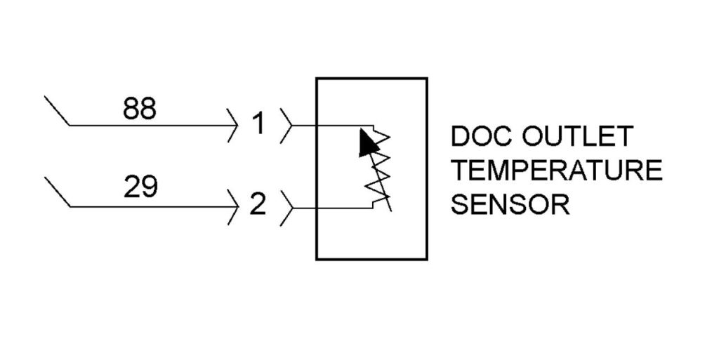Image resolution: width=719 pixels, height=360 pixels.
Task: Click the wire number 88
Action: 140,109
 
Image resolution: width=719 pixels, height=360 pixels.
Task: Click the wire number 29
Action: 140,188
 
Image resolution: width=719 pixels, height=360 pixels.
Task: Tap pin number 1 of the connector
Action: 258,125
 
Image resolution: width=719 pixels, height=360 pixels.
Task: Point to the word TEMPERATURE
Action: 555,171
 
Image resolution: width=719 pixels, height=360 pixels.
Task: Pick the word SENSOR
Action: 509,205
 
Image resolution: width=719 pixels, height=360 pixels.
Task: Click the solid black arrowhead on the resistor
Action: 367,143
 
